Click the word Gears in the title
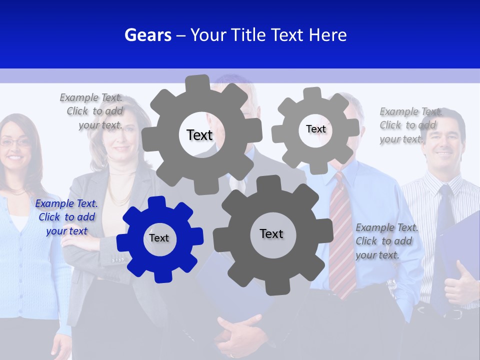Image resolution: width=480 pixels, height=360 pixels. [147, 35]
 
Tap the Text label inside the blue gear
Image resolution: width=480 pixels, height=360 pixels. [159, 238]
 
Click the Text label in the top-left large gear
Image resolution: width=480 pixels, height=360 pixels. [199, 135]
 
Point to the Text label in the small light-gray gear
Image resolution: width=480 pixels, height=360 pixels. [315, 129]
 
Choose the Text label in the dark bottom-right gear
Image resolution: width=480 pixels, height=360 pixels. [271, 233]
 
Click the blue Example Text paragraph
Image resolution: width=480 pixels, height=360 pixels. [66, 217]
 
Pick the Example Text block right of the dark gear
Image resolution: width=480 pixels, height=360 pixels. [386, 241]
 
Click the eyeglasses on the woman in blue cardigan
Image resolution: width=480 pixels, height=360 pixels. [15, 143]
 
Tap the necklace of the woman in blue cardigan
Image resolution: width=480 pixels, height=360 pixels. [17, 192]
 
